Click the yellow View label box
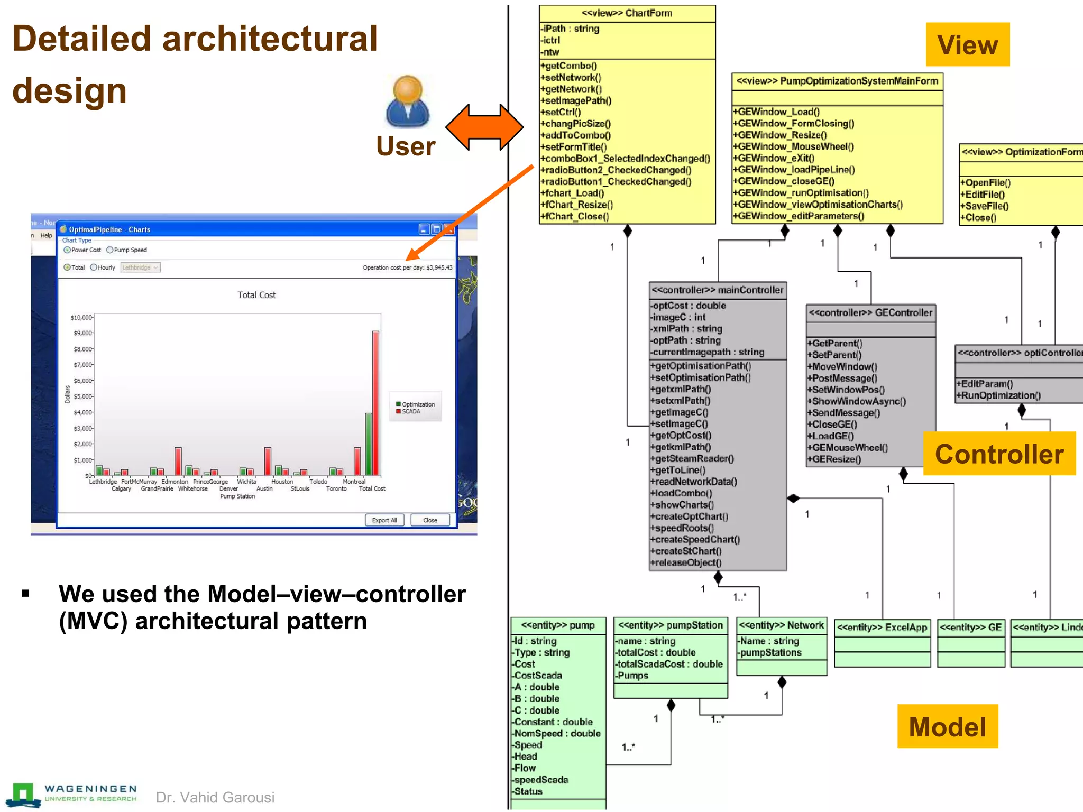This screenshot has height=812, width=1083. pos(967,44)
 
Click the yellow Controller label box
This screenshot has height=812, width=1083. pos(999,454)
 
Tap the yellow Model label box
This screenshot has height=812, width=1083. pos(947,726)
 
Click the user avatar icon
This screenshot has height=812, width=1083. pos(408,101)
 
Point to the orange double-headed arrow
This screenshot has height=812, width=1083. pos(484,127)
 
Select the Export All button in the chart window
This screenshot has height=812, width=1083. pos(384,520)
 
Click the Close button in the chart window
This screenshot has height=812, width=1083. pos(430,520)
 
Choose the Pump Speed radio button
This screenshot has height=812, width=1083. pos(110,250)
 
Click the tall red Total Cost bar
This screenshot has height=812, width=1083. pos(375,403)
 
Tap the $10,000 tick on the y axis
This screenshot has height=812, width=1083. pos(81,317)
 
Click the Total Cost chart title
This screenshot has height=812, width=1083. pos(256,295)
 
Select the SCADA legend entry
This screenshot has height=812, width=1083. pos(410,412)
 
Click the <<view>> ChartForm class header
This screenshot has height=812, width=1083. pos(627,13)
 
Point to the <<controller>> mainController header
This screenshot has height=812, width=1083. pos(718,290)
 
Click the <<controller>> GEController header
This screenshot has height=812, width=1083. pos(870,312)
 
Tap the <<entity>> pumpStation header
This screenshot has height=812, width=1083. pos(671,625)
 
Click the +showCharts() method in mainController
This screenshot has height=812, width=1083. pos(685,505)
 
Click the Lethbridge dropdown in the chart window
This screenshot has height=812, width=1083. pos(140,267)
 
